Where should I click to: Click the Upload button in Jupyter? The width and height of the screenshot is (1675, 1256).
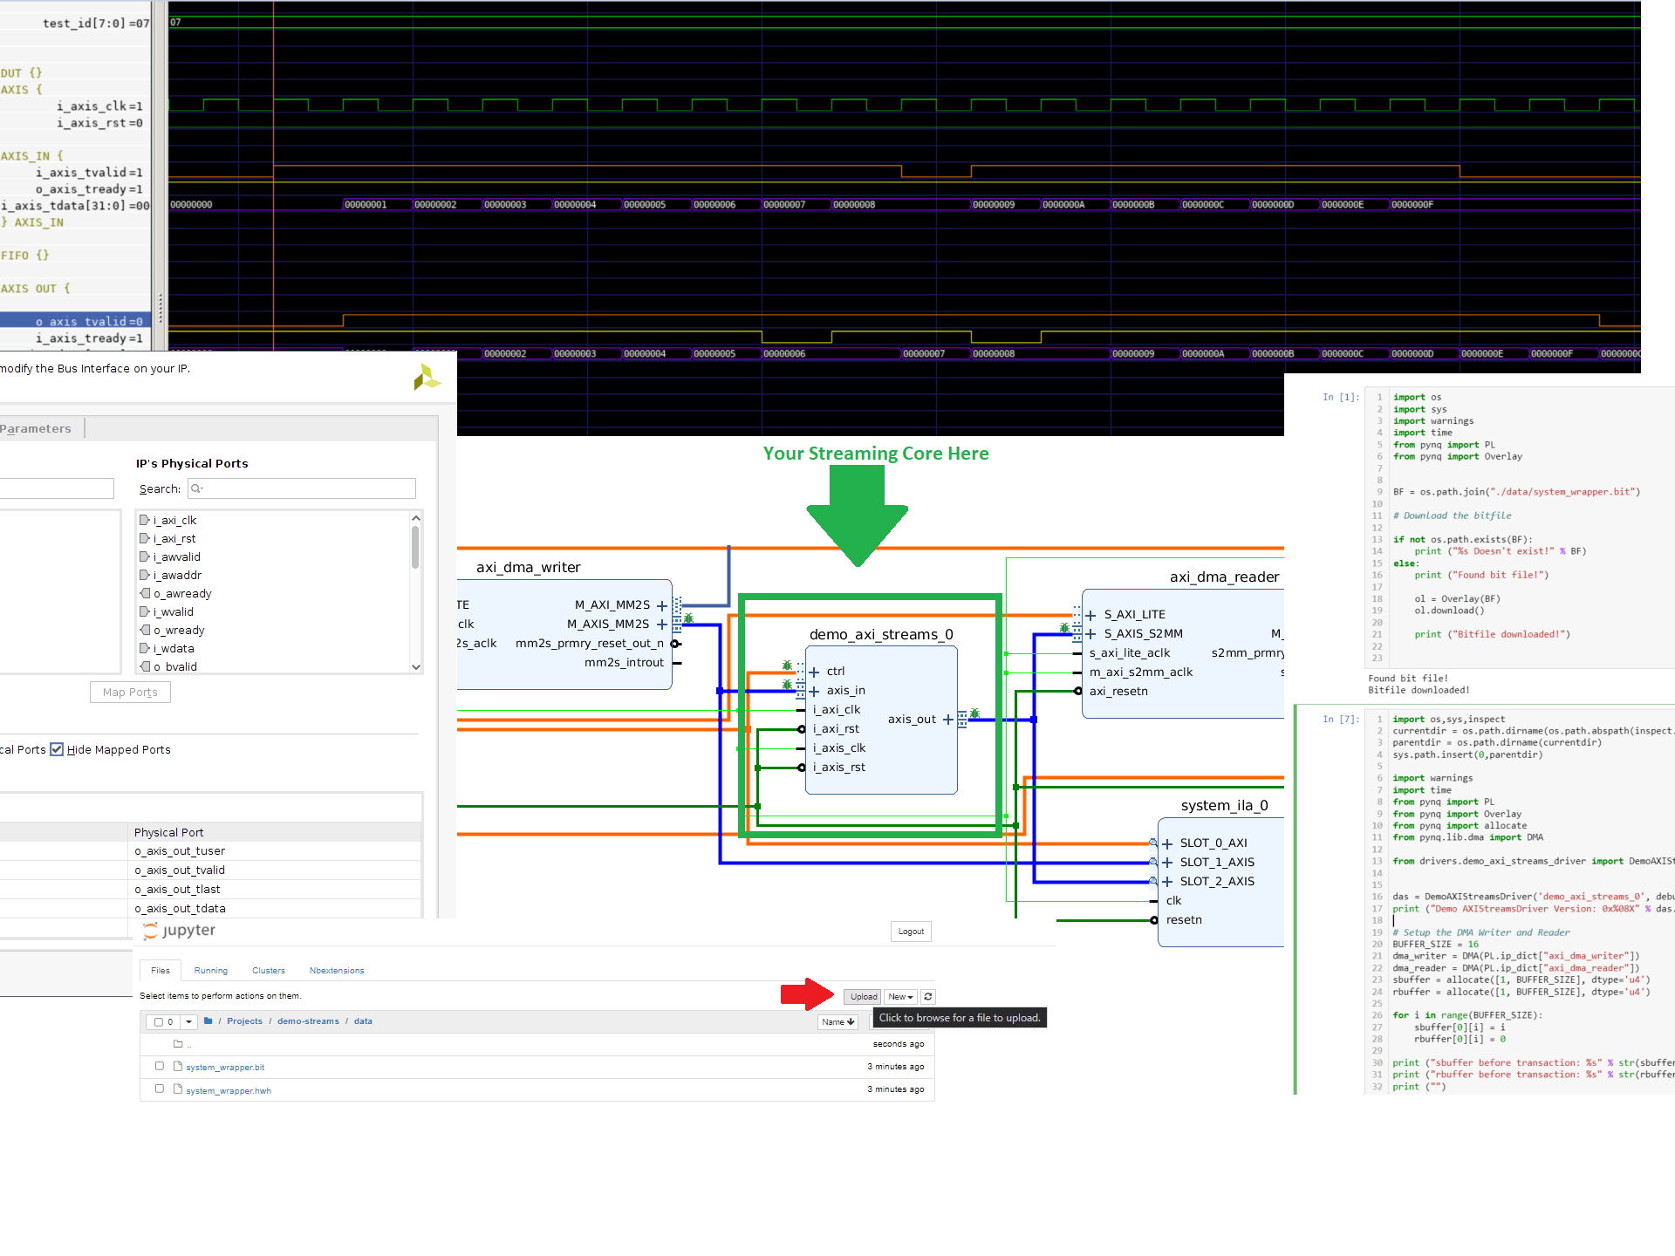[x=863, y=996]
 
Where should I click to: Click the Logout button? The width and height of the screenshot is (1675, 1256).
[x=911, y=932]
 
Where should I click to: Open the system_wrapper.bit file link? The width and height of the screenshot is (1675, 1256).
[x=225, y=1067]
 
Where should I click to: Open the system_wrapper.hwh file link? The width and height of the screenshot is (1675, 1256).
[x=229, y=1090]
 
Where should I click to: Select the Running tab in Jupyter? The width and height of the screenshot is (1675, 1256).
[x=210, y=971]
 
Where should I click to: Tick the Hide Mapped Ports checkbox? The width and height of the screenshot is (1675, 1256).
[x=58, y=749]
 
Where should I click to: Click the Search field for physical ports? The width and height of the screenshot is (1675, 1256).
[x=302, y=488]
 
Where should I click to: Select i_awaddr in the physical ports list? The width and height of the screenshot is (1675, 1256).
[x=177, y=575]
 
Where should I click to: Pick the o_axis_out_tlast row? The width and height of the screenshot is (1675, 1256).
[x=177, y=889]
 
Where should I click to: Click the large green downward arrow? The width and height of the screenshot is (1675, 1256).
[x=858, y=515]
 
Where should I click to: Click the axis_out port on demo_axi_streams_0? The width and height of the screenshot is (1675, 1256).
[x=912, y=719]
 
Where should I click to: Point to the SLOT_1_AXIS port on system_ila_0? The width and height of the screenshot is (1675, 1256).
[x=1217, y=862]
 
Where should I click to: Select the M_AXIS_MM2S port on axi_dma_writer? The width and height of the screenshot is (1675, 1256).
[x=608, y=624]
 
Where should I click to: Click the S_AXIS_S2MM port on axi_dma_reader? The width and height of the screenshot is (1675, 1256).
[x=1143, y=633]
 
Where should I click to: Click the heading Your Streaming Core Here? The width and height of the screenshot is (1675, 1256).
[x=876, y=454]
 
